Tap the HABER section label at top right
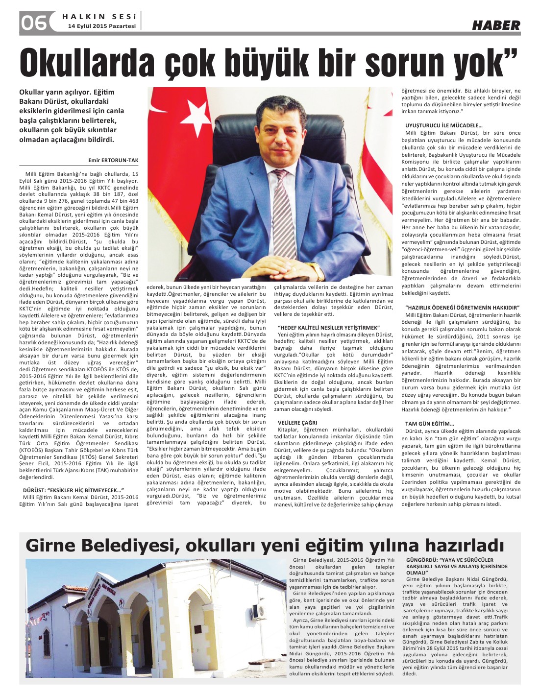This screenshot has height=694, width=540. pos(496,25)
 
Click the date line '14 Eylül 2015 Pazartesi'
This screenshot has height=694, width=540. pos(102,26)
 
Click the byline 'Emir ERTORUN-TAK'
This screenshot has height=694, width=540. pos(114,160)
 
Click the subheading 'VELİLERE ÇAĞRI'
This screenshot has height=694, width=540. pos(297,422)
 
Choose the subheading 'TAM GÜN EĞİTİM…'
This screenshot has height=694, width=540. pos(429,423)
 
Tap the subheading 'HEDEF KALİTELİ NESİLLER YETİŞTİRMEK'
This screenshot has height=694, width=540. pos(329,327)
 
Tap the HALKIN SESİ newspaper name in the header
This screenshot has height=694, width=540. pos(99,16)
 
